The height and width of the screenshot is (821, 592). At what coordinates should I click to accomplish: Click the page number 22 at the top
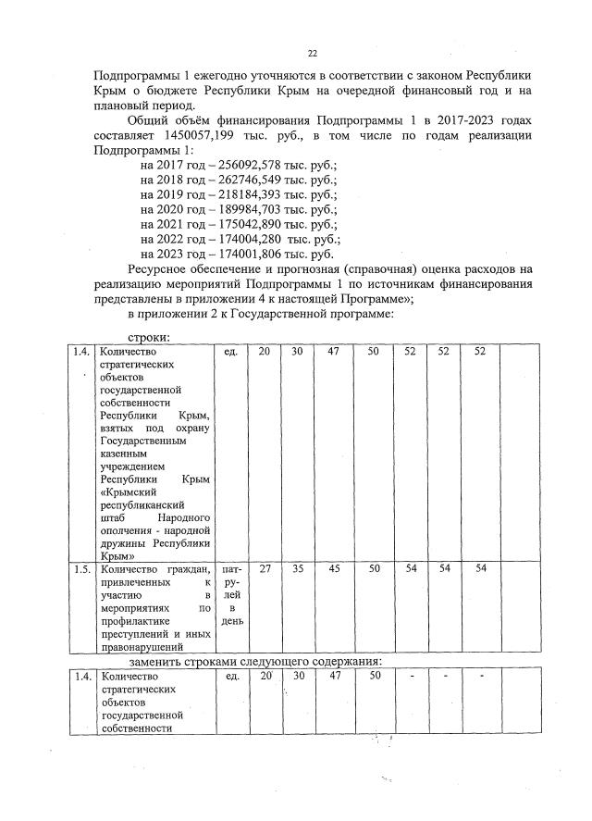(312, 53)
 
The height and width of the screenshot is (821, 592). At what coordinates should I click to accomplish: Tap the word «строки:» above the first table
(148, 338)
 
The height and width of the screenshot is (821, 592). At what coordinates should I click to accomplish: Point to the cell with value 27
(265, 569)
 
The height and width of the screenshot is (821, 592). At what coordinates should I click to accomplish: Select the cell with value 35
(297, 569)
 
